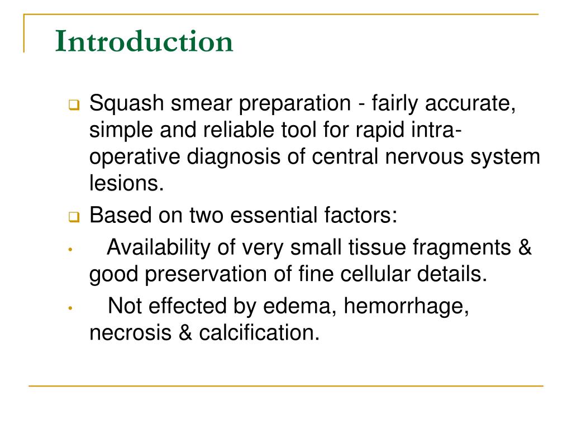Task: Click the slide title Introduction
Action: pos(144,42)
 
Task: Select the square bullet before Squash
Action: pos(73,104)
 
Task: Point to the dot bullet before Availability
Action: pos(70,250)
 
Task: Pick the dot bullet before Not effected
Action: pos(70,308)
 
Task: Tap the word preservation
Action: pos(201,274)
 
